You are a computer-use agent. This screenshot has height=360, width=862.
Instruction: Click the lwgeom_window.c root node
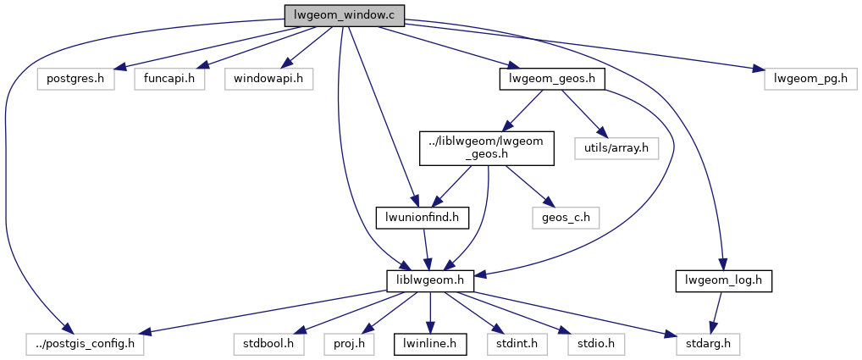click(344, 14)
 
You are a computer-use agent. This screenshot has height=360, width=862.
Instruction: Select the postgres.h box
click(76, 79)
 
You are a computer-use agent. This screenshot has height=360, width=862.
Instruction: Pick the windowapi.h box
click(268, 79)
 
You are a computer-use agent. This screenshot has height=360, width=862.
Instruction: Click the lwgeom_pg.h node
click(810, 79)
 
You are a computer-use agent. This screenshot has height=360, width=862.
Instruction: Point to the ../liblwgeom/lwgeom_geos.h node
click(487, 148)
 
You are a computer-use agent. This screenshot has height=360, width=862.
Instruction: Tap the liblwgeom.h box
click(429, 280)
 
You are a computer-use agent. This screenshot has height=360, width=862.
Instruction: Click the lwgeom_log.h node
click(724, 280)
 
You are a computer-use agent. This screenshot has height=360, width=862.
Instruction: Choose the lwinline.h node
click(429, 345)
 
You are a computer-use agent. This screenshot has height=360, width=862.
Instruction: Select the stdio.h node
click(591, 345)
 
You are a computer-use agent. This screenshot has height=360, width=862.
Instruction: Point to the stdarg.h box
click(709, 345)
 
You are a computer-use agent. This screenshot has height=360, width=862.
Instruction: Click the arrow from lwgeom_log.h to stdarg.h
click(716, 313)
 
